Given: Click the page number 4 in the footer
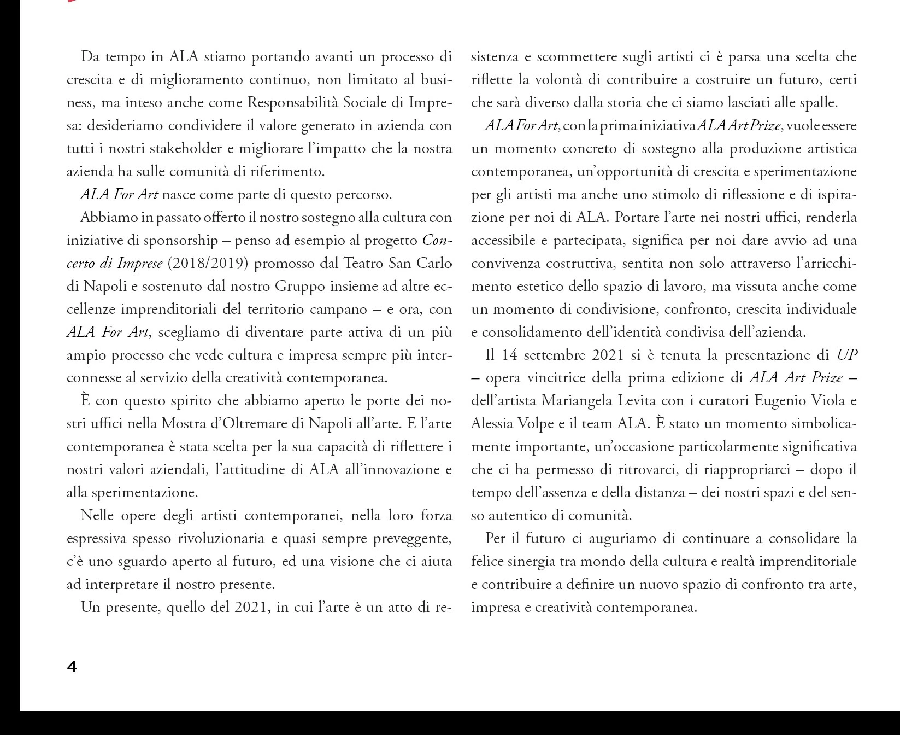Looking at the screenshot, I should point(72,667).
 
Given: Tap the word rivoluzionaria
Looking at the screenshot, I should point(222,539).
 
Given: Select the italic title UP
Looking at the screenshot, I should point(847,355).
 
